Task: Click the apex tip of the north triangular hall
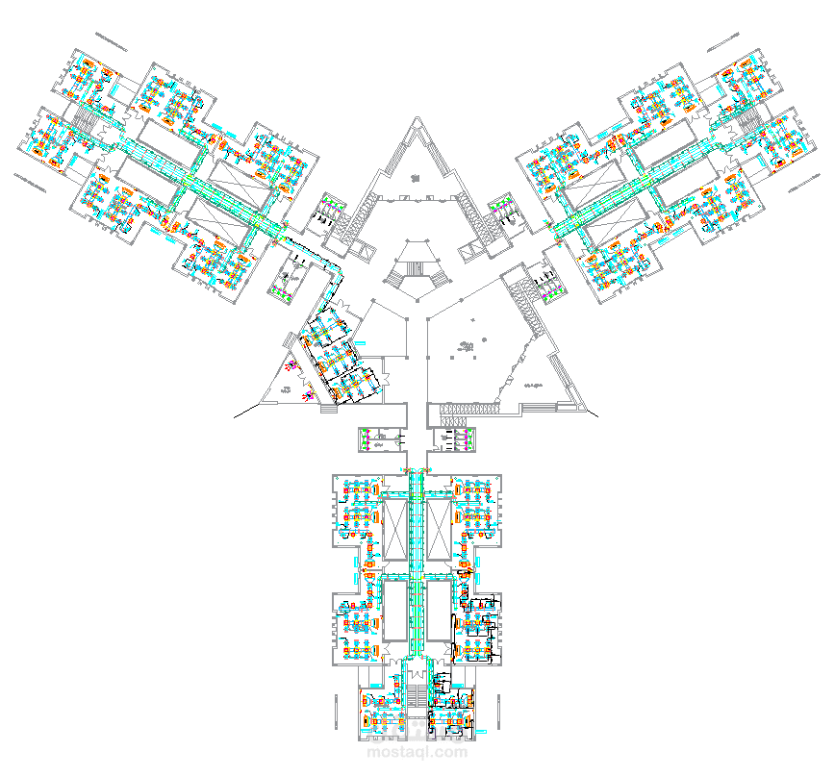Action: [x=417, y=119]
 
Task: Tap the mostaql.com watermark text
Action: [x=417, y=751]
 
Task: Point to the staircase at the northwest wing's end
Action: [x=83, y=120]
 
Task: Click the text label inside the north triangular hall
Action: [x=416, y=177]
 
